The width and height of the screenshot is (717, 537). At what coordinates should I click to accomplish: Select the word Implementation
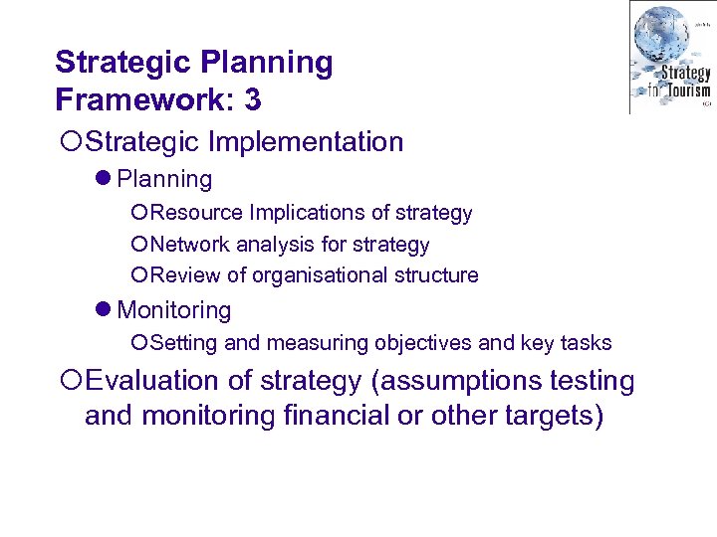(x=306, y=142)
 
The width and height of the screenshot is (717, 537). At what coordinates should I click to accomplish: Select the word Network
(x=193, y=245)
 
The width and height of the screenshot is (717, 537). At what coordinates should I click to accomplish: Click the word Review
(x=185, y=275)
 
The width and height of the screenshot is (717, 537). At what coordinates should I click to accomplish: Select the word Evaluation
(x=151, y=381)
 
